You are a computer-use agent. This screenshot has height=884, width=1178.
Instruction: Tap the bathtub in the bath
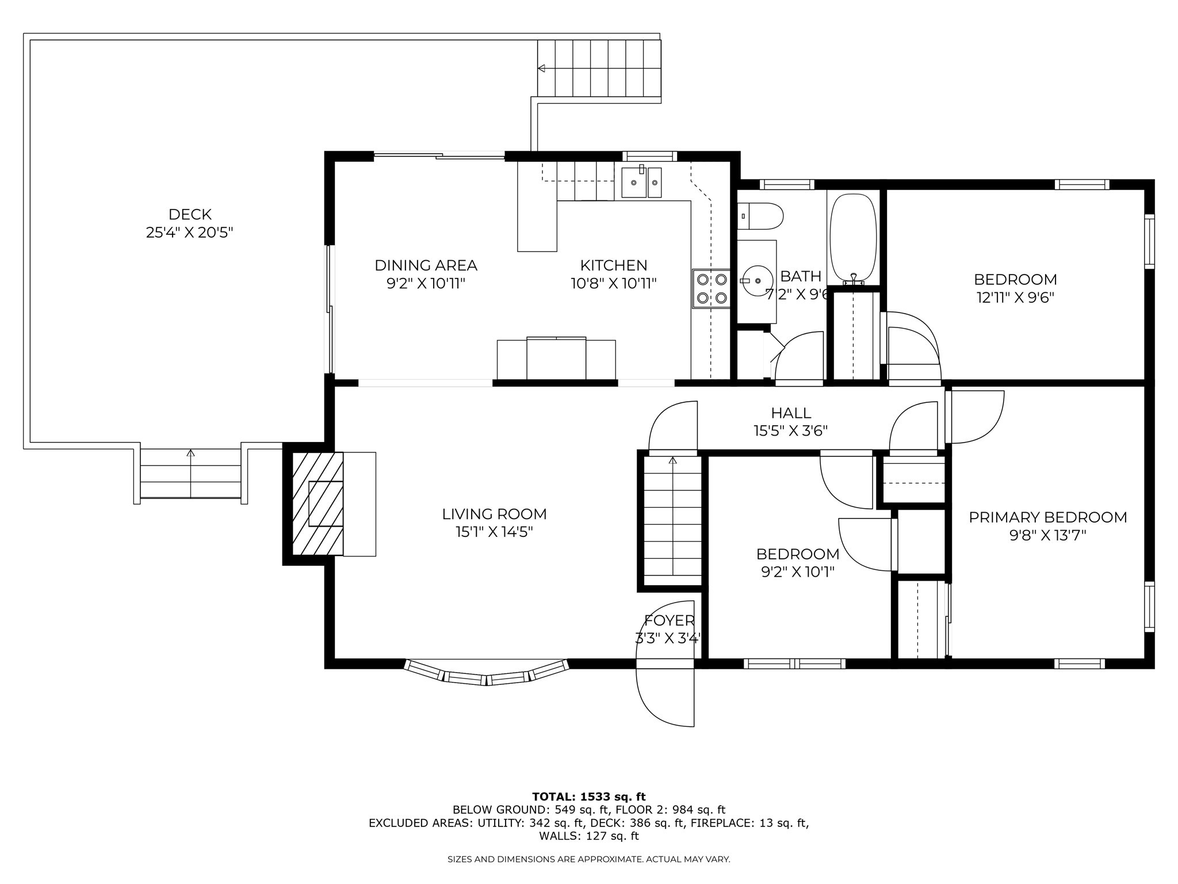pyautogui.click(x=854, y=237)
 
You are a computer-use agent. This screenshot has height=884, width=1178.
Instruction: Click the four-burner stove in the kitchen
pyautogui.click(x=712, y=288)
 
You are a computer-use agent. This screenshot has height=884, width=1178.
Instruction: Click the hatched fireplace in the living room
pyautogui.click(x=318, y=504)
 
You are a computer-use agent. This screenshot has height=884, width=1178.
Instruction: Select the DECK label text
pyautogui.click(x=190, y=215)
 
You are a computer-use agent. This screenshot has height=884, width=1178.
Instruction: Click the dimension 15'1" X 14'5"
pyautogui.click(x=494, y=532)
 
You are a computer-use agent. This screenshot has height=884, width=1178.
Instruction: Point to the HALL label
pyautogui.click(x=791, y=413)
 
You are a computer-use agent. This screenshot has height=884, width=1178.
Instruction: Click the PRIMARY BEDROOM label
pyautogui.click(x=1047, y=517)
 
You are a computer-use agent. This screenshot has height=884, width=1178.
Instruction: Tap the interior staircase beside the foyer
pyautogui.click(x=672, y=521)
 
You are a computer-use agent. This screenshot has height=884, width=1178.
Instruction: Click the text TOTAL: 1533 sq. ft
pyautogui.click(x=588, y=797)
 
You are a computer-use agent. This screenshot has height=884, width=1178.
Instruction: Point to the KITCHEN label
pyautogui.click(x=613, y=265)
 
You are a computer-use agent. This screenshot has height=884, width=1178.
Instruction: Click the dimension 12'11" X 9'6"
pyautogui.click(x=1015, y=298)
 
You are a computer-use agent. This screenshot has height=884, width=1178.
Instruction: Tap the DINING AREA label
pyautogui.click(x=426, y=265)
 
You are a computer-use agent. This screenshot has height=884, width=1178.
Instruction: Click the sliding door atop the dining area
pyautogui.click(x=439, y=155)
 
